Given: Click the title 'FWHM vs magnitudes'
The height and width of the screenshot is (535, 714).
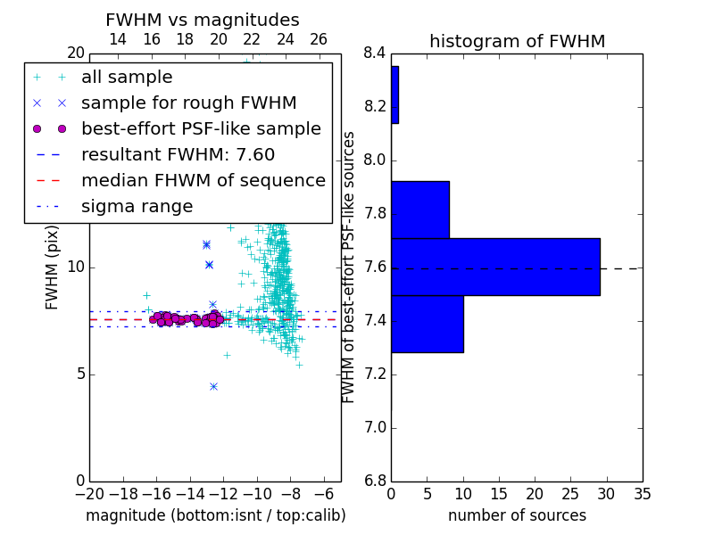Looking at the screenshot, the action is pyautogui.click(x=203, y=20).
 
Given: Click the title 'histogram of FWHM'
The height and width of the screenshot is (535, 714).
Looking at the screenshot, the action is pyautogui.click(x=518, y=41).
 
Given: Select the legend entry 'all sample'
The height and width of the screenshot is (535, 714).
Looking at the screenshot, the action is pyautogui.click(x=127, y=78).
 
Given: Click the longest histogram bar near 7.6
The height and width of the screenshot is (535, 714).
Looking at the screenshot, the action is pyautogui.click(x=496, y=267).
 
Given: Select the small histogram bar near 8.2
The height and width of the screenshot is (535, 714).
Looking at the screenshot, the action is pyautogui.click(x=395, y=95).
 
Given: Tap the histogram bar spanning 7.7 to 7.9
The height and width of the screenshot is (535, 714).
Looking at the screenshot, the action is pyautogui.click(x=420, y=210).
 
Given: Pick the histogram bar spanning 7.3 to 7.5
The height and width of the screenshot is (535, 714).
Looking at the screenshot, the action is pyautogui.click(x=428, y=324).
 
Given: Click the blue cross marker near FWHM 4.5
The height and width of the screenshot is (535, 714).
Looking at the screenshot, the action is pyautogui.click(x=213, y=387).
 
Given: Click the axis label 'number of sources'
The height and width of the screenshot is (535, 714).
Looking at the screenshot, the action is pyautogui.click(x=518, y=515).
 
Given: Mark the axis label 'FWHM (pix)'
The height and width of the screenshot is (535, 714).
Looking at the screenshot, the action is pyautogui.click(x=52, y=267).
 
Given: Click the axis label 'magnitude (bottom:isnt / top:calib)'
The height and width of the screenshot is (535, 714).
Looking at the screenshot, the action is pyautogui.click(x=216, y=515).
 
